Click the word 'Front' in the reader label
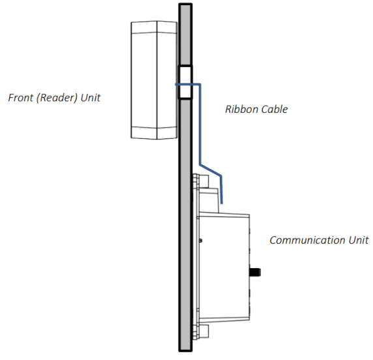20,98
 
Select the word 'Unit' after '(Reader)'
91,98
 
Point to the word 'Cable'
274,109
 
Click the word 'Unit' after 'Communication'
357,240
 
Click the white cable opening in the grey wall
186,82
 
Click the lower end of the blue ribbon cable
222,202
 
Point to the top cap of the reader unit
154,27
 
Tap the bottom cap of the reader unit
154,132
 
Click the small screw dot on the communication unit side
201,241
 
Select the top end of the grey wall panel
185,7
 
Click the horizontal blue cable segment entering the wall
189,84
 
